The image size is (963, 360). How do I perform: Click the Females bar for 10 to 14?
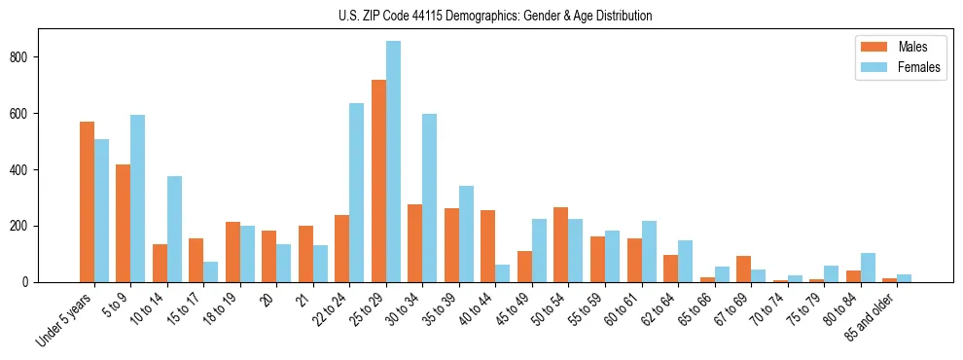[175, 230]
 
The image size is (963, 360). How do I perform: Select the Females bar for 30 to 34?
[430, 198]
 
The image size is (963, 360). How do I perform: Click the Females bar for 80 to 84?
[868, 268]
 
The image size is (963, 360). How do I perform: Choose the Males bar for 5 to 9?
[124, 224]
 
